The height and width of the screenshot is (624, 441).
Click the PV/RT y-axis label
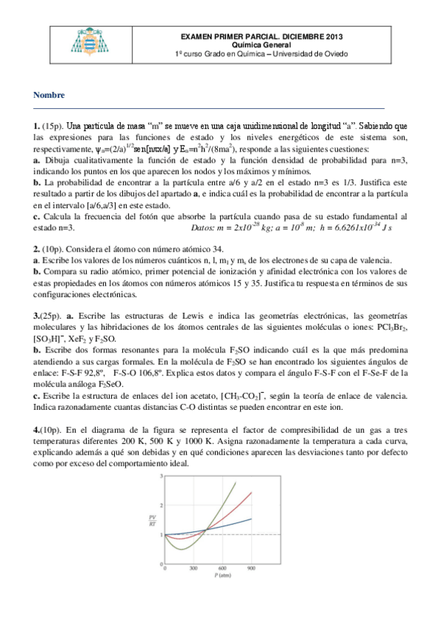pyautogui.click(x=152, y=521)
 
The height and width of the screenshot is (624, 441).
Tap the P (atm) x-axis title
pyautogui.click(x=210, y=578)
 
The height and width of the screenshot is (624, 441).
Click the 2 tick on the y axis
pyautogui.click(x=160, y=506)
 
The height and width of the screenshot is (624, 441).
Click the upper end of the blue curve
pyautogui.click(x=252, y=519)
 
